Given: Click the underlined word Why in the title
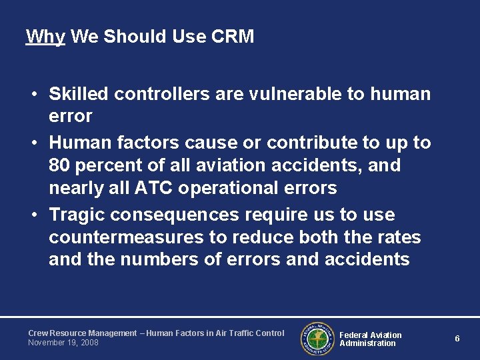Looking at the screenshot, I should coord(45,36).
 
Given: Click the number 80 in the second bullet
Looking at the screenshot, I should coord(60,165).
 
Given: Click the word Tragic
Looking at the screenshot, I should coord(77,215).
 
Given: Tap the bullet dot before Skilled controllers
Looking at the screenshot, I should coord(33,95).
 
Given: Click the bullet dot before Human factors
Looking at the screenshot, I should coord(33,143).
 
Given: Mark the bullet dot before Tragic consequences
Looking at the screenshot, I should coord(33,215).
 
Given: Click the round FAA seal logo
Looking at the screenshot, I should coord(317,338).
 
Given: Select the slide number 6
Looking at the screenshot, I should coord(457,339).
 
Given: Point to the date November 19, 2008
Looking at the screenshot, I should coord(63,343).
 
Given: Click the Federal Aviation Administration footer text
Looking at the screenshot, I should coord(370,339).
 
